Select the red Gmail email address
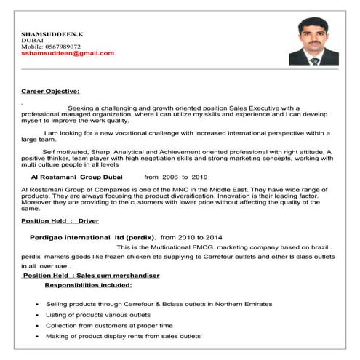[68, 53]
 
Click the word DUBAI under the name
[33, 40]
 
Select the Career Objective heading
[50, 91]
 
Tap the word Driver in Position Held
[88, 220]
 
